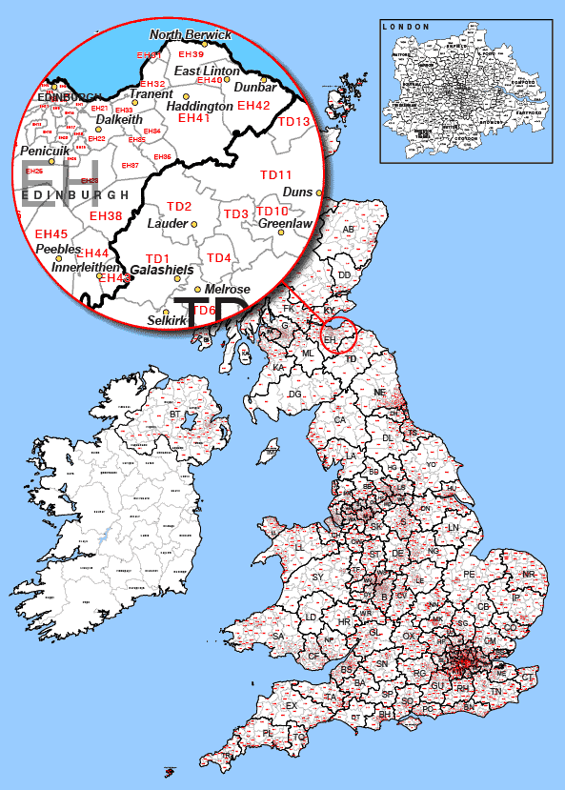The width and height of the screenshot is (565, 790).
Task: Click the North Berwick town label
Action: (191, 34)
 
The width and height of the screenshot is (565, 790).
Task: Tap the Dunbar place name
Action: (255, 87)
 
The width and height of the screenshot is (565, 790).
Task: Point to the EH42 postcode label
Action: (254, 105)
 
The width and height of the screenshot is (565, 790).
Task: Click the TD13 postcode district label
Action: (293, 122)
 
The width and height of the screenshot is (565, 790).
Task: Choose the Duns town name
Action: (297, 192)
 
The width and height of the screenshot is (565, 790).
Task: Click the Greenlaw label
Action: (286, 224)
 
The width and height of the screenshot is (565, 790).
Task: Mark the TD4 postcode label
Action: (219, 258)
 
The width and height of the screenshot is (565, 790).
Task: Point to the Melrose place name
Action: (228, 289)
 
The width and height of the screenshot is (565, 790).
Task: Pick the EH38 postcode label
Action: (106, 216)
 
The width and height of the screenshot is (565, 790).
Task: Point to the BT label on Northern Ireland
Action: (174, 415)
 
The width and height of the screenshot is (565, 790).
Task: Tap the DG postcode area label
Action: (295, 394)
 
